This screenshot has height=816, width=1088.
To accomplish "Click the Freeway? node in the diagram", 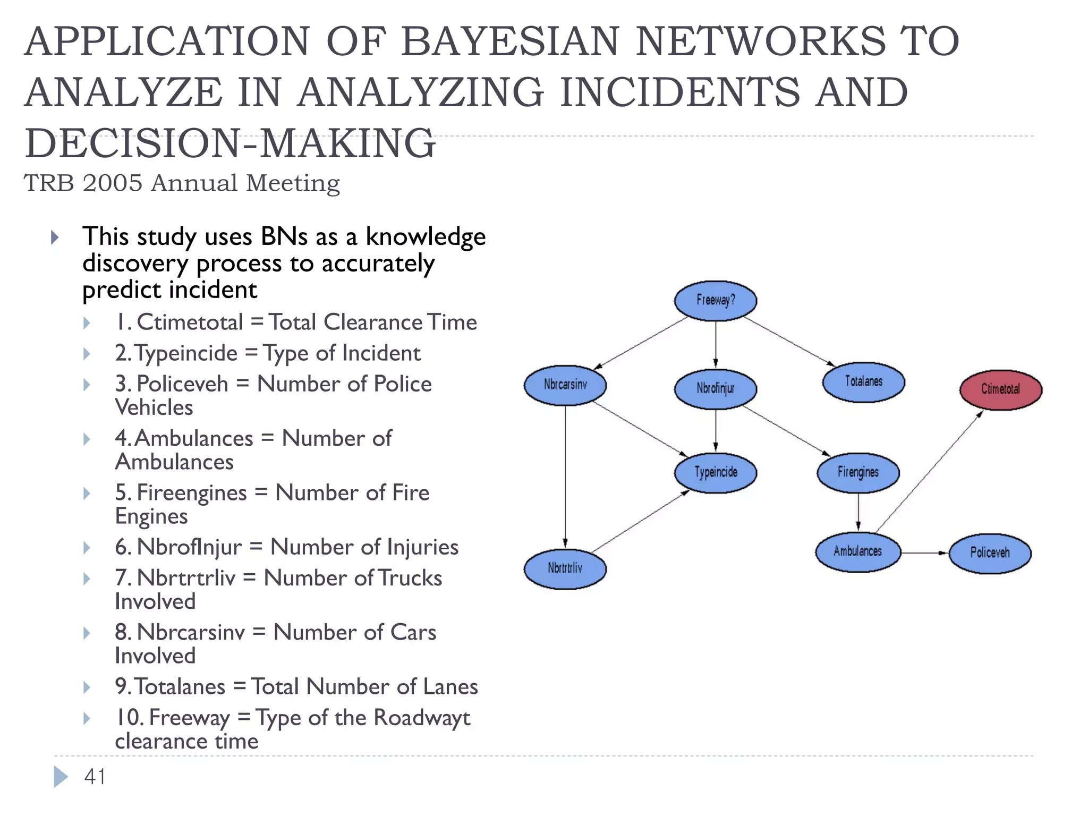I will (715, 301).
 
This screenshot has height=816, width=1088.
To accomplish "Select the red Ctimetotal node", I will (1000, 389).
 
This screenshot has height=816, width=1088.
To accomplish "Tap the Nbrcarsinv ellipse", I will (565, 385).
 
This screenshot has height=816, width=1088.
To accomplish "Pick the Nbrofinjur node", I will (715, 389).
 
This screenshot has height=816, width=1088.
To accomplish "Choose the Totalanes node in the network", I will (863, 382).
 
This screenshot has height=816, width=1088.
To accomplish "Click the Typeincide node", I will (716, 472).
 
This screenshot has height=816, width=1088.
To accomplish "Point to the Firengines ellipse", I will (857, 472).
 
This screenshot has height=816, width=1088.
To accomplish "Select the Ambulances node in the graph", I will (857, 552).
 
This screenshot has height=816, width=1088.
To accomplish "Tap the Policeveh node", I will (990, 553).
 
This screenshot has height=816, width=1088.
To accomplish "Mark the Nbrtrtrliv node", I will (565, 569).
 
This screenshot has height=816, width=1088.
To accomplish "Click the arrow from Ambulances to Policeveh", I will (924, 553).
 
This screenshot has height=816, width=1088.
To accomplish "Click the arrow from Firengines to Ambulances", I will (858, 512).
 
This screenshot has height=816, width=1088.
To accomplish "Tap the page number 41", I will (95, 777).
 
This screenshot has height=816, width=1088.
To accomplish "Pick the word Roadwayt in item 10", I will (422, 718).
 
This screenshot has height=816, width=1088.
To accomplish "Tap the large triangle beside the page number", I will (61, 777).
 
